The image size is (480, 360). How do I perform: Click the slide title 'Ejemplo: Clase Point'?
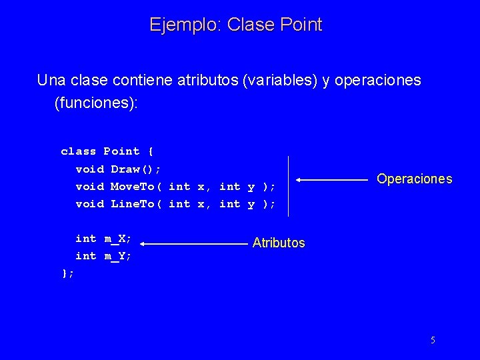(x=236, y=25)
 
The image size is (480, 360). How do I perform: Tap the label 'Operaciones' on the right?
(x=414, y=179)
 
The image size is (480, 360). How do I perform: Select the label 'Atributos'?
(x=279, y=243)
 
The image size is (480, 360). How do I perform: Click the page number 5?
(x=433, y=340)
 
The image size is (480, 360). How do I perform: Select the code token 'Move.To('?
(x=136, y=187)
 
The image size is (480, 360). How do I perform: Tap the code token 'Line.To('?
(x=136, y=204)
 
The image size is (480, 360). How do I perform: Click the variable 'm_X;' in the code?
(x=117, y=239)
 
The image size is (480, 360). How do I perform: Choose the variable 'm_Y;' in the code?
(x=117, y=256)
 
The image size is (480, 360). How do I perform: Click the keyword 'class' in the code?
(x=78, y=151)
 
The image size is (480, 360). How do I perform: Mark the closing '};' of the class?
(x=67, y=273)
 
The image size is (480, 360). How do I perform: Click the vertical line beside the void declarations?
(x=288, y=186)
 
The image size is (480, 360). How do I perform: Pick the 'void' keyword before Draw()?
(x=89, y=169)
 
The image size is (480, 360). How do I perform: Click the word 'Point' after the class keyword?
(x=121, y=151)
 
